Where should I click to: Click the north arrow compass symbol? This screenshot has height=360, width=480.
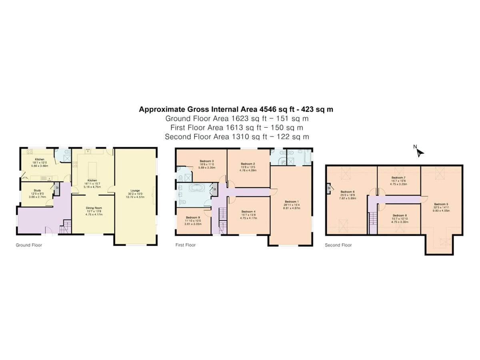point(419,151)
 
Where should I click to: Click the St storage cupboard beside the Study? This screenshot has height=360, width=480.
point(57,188)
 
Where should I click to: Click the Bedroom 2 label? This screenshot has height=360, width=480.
point(248,164)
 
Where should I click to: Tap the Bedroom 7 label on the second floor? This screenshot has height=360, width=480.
point(398,177)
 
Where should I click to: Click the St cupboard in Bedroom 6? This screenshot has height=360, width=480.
point(329,188)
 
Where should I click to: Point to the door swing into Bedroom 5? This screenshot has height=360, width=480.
point(424,199)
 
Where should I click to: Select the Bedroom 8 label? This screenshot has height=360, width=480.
point(399,215)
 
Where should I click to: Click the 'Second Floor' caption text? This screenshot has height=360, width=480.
point(338,245)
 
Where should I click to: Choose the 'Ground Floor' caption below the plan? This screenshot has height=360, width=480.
point(29,245)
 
